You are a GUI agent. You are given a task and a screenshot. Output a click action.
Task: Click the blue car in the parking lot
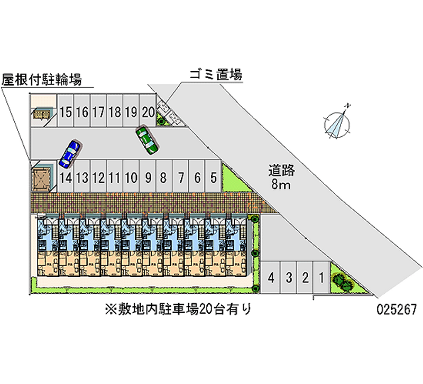(70, 153)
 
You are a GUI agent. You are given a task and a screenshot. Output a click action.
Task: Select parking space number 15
(66, 111)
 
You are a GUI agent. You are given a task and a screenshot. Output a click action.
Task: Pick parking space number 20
(148, 111)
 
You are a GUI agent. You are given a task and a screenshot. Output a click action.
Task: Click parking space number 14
(66, 177)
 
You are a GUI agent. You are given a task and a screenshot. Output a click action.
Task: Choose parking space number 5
(213, 177)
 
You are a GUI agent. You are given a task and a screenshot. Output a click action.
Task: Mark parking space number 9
(148, 177)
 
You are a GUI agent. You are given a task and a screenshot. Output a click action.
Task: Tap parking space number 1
(321, 277)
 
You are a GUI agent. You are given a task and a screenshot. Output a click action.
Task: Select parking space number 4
(271, 277)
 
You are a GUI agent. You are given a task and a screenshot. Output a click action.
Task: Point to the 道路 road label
(281, 171)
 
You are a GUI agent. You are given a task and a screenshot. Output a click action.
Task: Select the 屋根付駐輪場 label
(41, 80)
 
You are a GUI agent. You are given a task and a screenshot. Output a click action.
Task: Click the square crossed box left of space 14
(41, 177)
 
